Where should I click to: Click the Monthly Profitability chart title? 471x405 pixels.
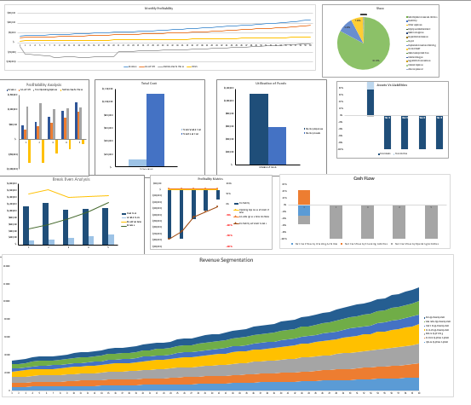[x=158, y=8]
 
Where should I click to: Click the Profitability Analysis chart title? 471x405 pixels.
[x=43, y=84]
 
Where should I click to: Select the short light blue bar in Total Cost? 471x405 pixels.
[x=137, y=162]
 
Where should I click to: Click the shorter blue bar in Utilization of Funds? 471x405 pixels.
[x=278, y=145]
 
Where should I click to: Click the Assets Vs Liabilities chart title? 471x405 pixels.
[x=392, y=86]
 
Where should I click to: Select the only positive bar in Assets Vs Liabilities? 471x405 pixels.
[x=370, y=102]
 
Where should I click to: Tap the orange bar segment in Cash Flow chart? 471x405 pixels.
[x=304, y=198]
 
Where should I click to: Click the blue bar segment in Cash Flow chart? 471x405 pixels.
[x=304, y=211]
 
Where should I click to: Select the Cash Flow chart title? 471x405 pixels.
[x=365, y=179]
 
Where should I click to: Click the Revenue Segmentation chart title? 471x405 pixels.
[x=226, y=259]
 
